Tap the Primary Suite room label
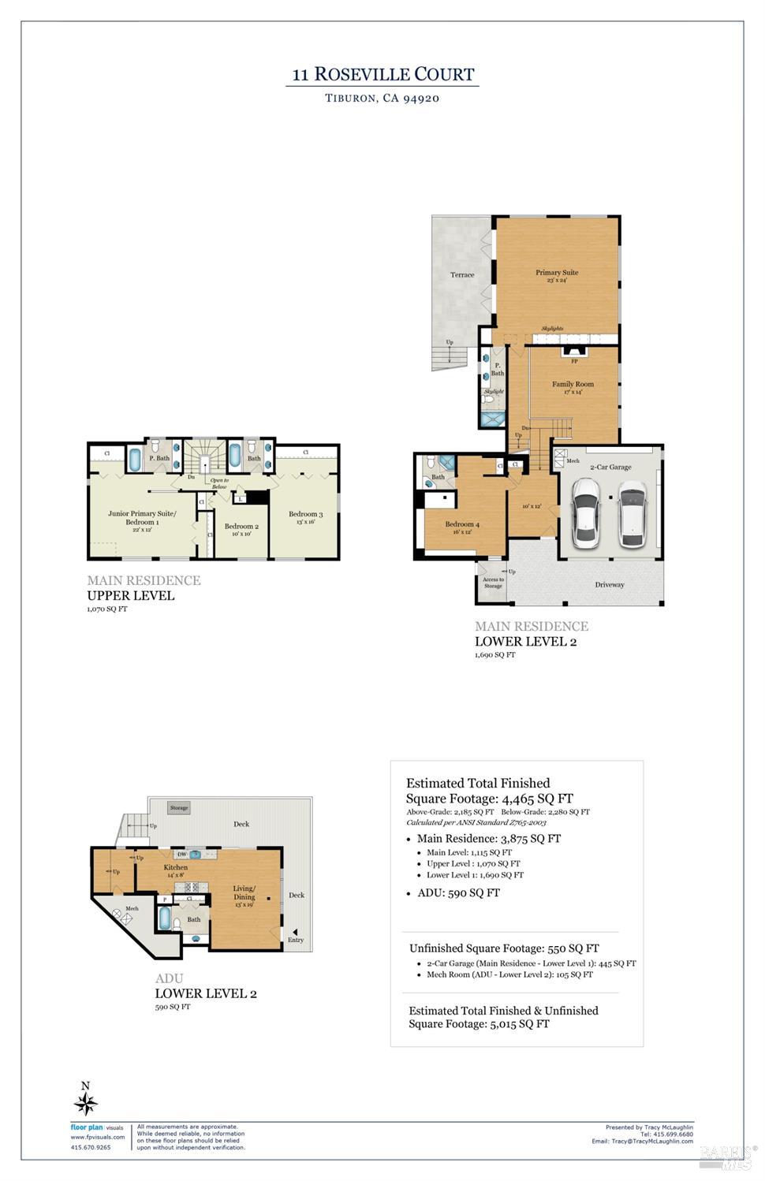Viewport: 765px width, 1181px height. (x=557, y=273)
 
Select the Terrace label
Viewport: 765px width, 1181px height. (x=462, y=275)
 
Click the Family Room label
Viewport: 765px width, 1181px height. (x=573, y=385)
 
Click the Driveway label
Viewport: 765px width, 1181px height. (x=609, y=585)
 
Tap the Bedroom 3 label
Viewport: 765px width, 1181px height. (x=305, y=514)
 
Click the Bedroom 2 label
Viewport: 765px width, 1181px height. (x=241, y=527)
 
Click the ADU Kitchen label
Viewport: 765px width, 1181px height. (x=175, y=867)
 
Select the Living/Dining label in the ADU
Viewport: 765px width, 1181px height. (x=244, y=892)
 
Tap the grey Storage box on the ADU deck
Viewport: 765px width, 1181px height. (x=179, y=808)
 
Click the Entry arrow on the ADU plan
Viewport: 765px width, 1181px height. (x=296, y=930)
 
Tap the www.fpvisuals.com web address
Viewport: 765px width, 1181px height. (x=98, y=1138)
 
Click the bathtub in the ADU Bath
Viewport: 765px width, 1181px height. (x=165, y=918)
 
